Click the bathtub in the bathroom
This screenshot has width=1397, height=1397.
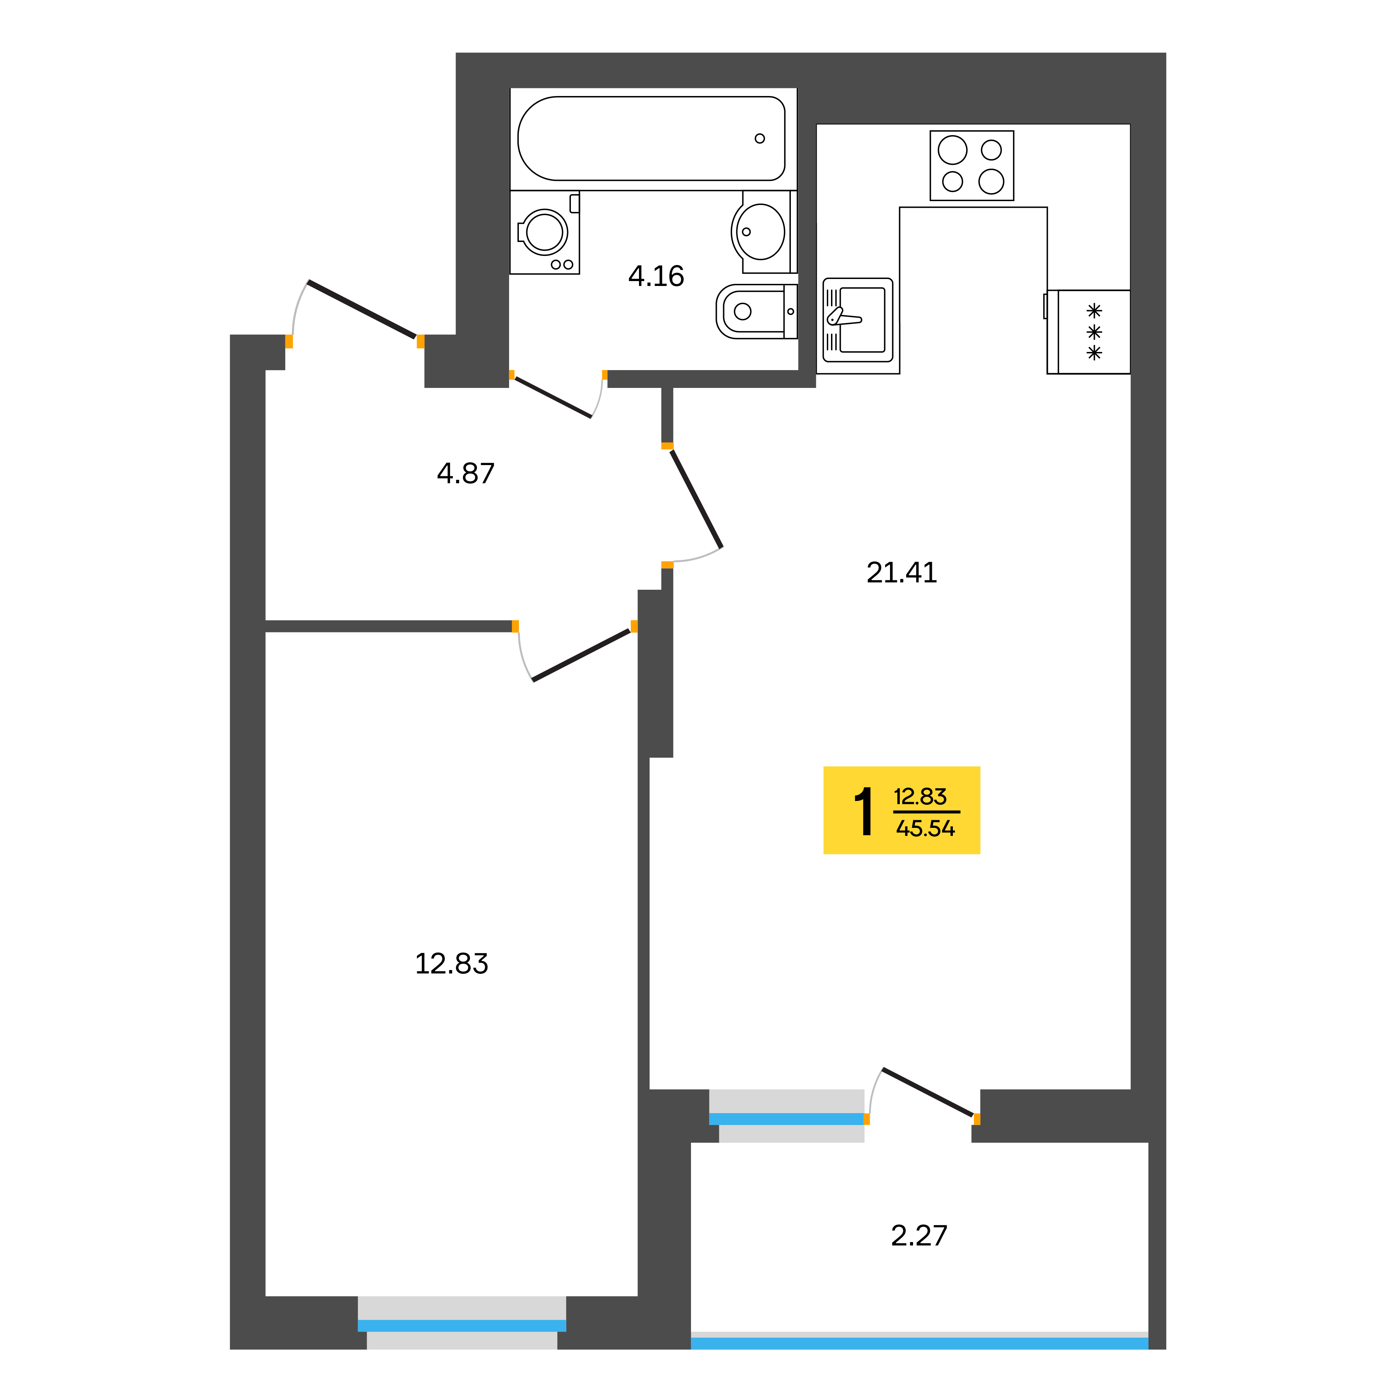coord(651,138)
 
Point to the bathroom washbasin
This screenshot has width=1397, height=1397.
coord(759,231)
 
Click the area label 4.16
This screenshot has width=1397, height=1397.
coord(656,276)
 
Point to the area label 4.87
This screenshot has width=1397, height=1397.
coord(466,473)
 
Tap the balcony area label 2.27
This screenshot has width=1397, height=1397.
coord(918,1236)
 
